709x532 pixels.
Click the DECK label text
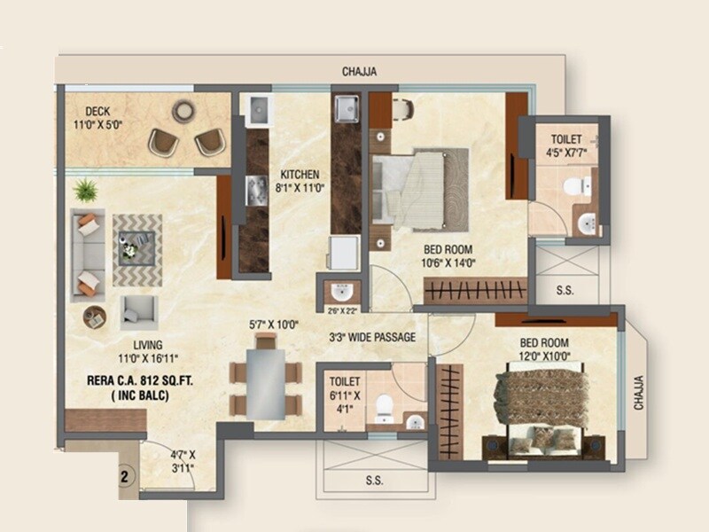click(97, 112)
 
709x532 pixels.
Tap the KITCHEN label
click(300, 174)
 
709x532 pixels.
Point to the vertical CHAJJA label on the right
click(640, 391)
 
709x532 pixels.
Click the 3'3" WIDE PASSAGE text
click(371, 337)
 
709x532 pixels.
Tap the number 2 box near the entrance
click(125, 475)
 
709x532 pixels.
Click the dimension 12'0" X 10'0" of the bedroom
click(544, 356)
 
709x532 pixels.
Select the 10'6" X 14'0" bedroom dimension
click(448, 262)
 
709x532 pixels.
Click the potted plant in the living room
click(86, 189)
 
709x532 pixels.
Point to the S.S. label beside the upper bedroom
click(563, 289)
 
